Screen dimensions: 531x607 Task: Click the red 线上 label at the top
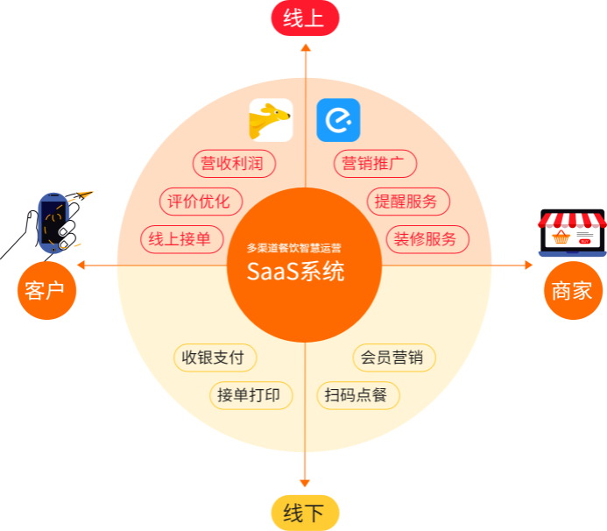(x=304, y=18)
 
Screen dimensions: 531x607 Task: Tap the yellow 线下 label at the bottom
(x=304, y=513)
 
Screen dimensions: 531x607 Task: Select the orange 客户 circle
(x=47, y=290)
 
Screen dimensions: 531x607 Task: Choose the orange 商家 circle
(x=572, y=290)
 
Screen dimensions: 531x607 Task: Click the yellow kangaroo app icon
(x=271, y=120)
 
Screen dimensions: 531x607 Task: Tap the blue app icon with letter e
(x=338, y=120)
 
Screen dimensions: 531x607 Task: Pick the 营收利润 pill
(x=233, y=163)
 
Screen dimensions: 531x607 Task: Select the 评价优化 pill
(x=200, y=202)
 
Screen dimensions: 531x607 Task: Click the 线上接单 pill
(x=180, y=239)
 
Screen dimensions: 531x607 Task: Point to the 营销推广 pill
(x=374, y=163)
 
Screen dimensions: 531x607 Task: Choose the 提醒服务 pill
(x=407, y=202)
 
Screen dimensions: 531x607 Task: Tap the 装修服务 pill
(x=427, y=239)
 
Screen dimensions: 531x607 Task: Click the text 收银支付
(x=213, y=358)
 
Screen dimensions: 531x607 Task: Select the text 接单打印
(x=249, y=395)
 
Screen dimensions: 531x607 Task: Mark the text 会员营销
(x=392, y=358)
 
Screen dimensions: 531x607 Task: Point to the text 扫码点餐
(x=356, y=395)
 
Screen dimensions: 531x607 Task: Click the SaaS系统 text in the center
(x=296, y=272)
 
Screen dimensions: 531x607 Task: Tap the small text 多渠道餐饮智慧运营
(x=294, y=248)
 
